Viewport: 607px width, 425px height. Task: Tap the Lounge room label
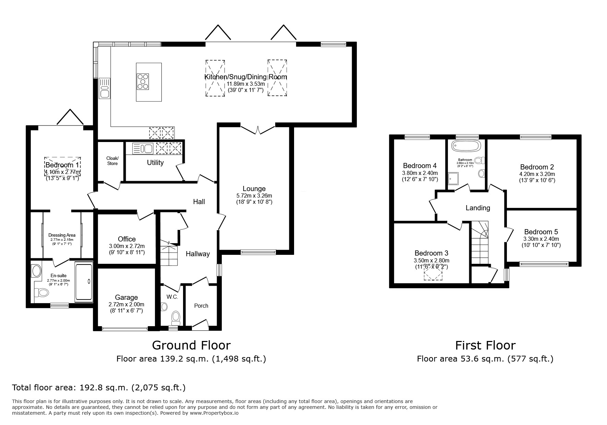tap(254, 189)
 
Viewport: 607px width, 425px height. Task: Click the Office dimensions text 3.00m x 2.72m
tap(127, 246)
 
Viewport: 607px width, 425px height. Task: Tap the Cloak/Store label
tap(112, 161)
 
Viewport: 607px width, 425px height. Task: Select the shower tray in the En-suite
tap(84, 282)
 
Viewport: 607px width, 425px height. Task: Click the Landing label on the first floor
tap(478, 208)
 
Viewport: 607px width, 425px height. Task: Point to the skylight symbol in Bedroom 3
tap(433, 273)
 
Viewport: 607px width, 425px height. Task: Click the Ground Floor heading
tap(191, 345)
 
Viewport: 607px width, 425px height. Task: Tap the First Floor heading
tap(485, 345)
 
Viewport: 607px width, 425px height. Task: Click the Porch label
tap(201, 306)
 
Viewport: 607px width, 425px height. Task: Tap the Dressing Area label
tap(62, 235)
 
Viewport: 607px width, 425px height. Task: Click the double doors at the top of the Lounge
tap(258, 130)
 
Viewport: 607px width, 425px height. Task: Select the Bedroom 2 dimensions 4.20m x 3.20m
tap(537, 174)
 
